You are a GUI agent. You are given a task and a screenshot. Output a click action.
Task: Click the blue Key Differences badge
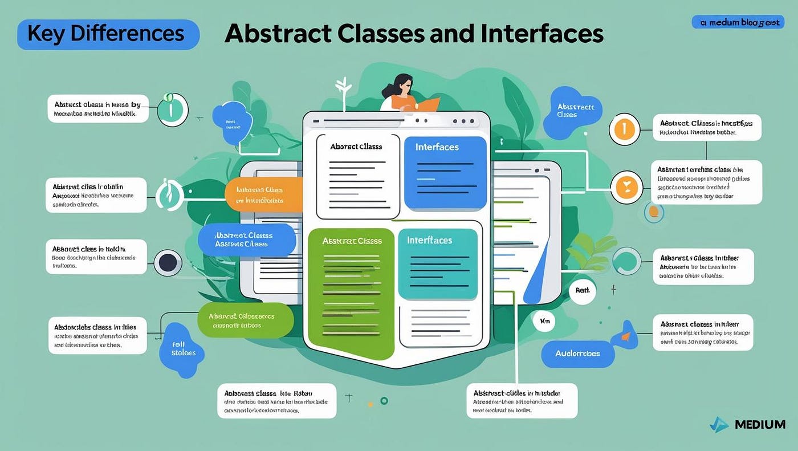[x=108, y=34]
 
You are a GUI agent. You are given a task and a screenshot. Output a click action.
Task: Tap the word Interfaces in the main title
[x=541, y=34]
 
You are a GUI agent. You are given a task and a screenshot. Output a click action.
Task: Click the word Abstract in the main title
[x=278, y=34]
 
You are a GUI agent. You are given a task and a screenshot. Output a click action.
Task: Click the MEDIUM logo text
[x=760, y=424]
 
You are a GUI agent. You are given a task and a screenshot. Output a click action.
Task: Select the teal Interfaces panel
[x=438, y=263]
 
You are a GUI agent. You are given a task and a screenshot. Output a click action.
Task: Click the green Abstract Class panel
[x=351, y=291]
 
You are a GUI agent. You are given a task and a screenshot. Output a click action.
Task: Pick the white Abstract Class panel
[x=357, y=176]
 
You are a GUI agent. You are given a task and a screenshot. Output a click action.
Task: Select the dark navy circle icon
[x=168, y=263]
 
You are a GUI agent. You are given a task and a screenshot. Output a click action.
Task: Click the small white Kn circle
[x=544, y=322]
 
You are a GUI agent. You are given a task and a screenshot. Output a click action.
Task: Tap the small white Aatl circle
[x=582, y=291]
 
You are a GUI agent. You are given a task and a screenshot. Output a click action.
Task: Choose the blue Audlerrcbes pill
[x=577, y=354]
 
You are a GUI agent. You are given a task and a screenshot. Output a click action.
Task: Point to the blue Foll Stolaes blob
[x=183, y=348]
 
